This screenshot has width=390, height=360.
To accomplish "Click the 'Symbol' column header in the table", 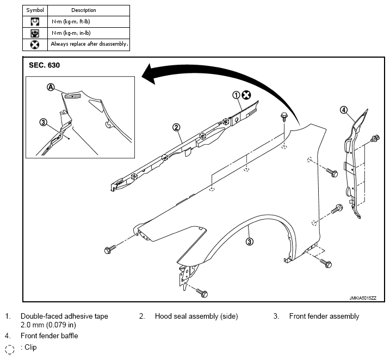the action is tap(35, 10).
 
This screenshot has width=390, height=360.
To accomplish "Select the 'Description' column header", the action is tap(84, 10).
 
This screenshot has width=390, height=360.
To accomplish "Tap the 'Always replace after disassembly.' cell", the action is tap(89, 44).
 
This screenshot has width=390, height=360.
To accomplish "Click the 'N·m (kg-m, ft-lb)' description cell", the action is tap(71, 22).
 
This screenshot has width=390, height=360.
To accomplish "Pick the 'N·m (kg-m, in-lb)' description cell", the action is tap(71, 33).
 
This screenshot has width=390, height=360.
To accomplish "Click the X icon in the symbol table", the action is tap(35, 45).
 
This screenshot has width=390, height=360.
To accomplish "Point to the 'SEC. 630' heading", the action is tap(44, 65).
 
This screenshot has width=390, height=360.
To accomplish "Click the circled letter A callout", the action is tap(51, 87).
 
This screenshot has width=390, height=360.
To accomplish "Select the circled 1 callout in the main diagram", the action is tap(236, 95).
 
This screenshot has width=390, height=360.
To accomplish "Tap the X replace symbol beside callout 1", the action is tap(246, 95).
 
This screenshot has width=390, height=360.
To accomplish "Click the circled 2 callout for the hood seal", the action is tap(176, 128).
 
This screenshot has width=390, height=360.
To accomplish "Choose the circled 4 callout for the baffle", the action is tap(343, 110).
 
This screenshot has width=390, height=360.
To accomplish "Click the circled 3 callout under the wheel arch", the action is tap(250, 241).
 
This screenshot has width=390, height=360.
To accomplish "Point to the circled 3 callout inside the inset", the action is tap(44, 122).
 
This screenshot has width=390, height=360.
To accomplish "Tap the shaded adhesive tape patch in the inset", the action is tap(73, 96).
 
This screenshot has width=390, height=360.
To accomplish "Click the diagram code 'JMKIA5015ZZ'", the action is tap(363, 298).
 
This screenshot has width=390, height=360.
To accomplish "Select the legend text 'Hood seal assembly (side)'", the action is tap(196, 316).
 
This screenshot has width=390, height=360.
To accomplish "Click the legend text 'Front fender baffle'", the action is tap(49, 336).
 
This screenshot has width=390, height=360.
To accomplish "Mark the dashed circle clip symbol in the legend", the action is tap(10, 349).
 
